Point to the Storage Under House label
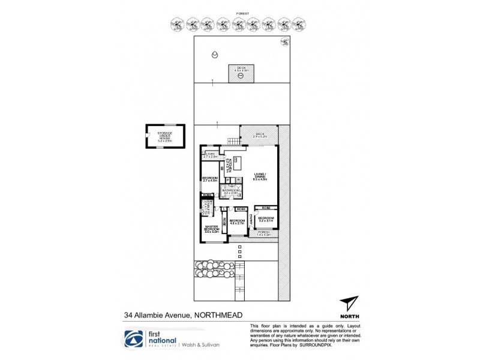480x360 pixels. tap(165, 136)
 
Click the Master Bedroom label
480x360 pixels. tap(212, 229)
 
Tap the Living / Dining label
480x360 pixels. tap(260, 176)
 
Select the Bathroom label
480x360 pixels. tap(231, 191)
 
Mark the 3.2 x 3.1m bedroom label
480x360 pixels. tap(266, 220)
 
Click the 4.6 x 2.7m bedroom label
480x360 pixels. tap(237, 222)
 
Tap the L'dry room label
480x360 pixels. tap(211, 155)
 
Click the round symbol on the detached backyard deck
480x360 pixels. tap(241, 76)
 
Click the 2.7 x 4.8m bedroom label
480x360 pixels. tap(209, 179)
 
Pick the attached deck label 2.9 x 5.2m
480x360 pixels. tap(260, 136)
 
